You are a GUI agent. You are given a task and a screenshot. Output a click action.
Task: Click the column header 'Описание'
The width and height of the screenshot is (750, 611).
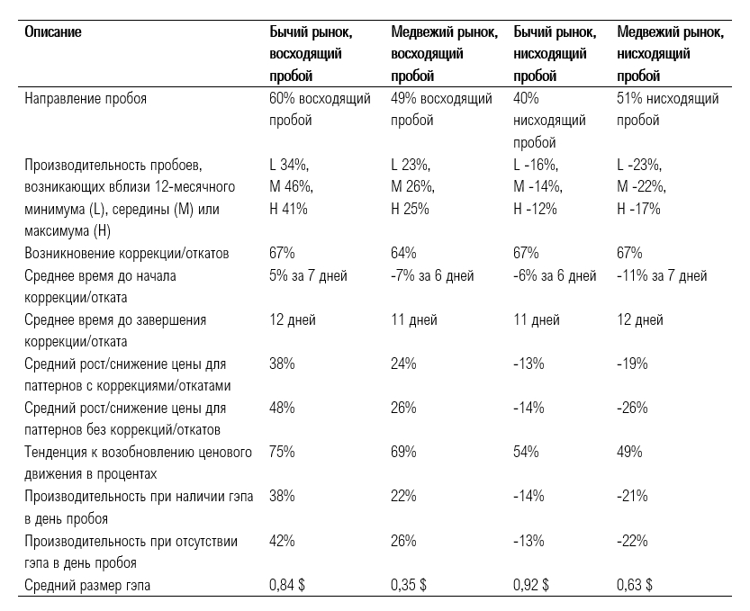(x=53, y=32)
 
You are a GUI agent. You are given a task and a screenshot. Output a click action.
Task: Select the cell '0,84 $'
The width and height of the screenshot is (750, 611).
(x=287, y=585)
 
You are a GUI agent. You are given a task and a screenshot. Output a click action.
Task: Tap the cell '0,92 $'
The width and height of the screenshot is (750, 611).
(x=531, y=585)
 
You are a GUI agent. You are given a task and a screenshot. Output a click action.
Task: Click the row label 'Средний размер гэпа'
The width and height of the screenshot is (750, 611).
(x=87, y=585)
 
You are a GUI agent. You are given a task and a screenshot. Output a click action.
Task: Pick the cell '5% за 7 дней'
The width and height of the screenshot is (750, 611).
(x=308, y=276)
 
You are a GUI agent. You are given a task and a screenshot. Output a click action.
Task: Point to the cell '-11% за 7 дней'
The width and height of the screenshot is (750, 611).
(x=662, y=276)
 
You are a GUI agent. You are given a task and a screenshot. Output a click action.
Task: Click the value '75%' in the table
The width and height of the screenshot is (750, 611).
(x=282, y=452)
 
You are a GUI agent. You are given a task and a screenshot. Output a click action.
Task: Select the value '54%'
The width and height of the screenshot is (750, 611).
(x=526, y=452)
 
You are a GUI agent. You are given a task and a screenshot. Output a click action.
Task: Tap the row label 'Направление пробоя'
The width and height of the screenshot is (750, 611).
(x=86, y=98)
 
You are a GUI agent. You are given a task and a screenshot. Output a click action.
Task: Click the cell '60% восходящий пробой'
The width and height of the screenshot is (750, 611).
(x=320, y=109)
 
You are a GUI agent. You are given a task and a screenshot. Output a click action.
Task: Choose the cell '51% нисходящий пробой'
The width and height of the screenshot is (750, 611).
(x=668, y=109)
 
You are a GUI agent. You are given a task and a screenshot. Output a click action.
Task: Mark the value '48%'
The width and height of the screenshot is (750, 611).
(x=282, y=408)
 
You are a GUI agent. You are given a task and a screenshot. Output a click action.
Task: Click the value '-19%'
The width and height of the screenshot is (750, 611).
(x=632, y=364)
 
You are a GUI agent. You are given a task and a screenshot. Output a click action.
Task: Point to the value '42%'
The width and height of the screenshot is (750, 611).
(x=282, y=541)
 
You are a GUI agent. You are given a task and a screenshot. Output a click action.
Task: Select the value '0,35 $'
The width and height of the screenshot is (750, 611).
(x=409, y=585)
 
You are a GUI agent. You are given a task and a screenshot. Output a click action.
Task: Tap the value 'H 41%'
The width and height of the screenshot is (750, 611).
(x=288, y=209)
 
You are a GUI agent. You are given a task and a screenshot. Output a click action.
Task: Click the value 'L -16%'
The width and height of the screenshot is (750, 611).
(x=536, y=165)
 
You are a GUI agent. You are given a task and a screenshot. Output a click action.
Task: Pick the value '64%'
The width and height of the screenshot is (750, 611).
(x=403, y=253)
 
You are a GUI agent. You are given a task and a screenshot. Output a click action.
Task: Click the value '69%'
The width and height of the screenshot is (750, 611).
(x=403, y=452)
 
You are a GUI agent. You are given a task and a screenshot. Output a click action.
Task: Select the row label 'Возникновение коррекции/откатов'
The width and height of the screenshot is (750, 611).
(x=127, y=253)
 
